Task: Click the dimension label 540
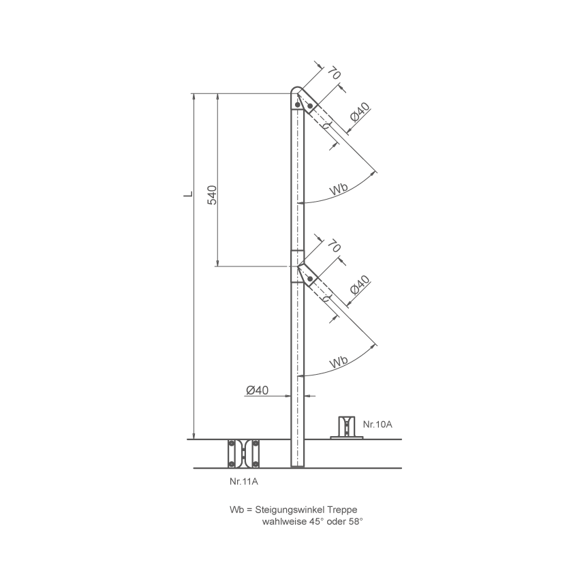[212, 195]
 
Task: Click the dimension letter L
[189, 194]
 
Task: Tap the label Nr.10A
[377, 425]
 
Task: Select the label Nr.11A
[244, 481]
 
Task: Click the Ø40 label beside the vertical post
[257, 390]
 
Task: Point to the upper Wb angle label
[339, 189]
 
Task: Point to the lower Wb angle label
[339, 361]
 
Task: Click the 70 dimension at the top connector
[334, 74]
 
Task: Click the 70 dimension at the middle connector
[334, 246]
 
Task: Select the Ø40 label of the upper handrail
[360, 112]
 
